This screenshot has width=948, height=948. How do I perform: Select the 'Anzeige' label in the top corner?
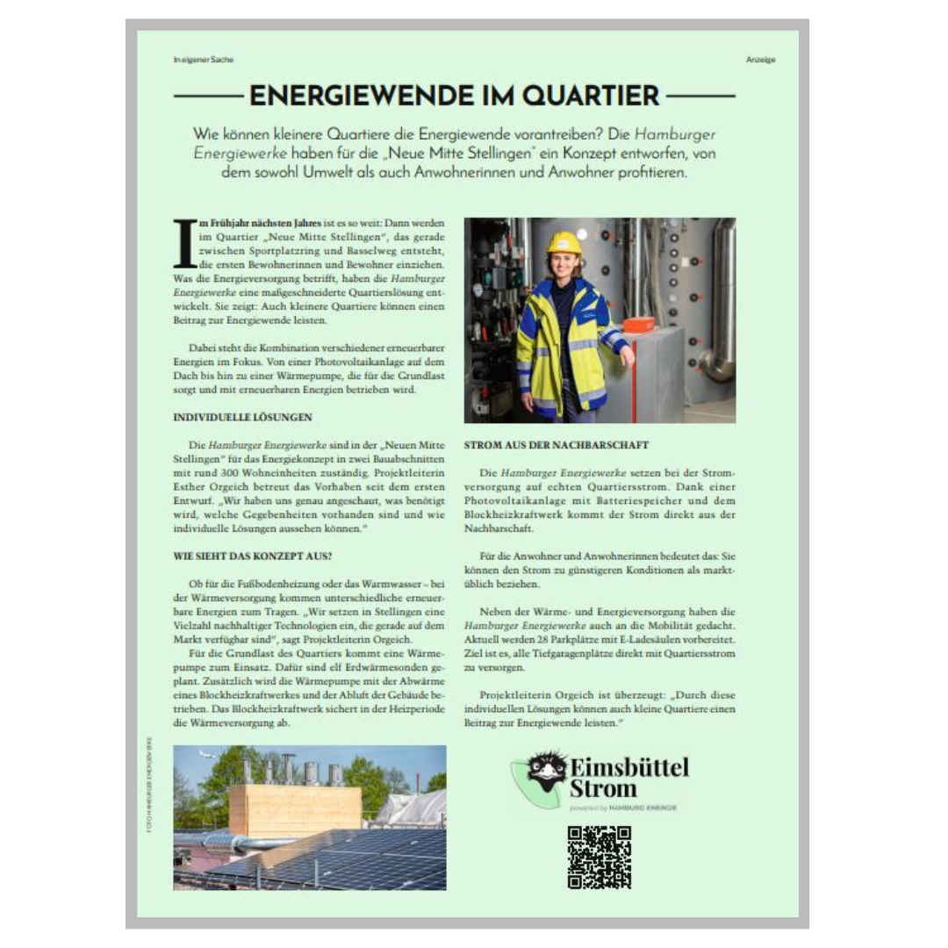(x=760, y=60)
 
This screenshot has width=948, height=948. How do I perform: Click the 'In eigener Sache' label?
(x=204, y=60)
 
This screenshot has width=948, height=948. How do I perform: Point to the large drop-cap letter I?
(x=184, y=243)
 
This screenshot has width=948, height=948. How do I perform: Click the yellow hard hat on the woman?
(x=564, y=242)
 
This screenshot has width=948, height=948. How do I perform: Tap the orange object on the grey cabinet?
(x=638, y=325)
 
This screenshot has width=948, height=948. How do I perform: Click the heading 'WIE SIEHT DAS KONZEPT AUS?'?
(x=254, y=556)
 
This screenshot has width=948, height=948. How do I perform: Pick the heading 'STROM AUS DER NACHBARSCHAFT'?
(x=557, y=446)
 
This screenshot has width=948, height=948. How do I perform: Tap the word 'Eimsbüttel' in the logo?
(x=629, y=766)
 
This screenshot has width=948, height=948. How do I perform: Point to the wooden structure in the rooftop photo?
(x=295, y=808)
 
